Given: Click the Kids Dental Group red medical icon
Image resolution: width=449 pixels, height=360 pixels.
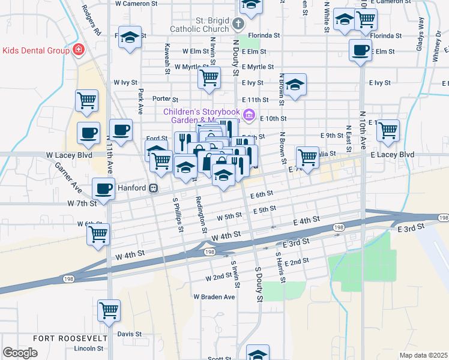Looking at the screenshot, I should click(77, 50).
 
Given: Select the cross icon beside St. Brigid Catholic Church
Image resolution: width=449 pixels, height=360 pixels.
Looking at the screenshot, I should click(238, 24).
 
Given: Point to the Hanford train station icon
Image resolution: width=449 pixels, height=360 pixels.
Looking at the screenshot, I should click(154, 188).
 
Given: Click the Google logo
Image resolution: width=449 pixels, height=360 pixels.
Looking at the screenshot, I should click(20, 353).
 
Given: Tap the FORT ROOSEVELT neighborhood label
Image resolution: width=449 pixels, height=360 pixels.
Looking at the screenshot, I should click(70, 338).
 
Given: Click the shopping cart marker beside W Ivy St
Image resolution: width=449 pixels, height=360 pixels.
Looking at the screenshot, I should click(209, 77).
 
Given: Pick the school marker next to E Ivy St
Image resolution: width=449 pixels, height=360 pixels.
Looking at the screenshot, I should click(295, 85).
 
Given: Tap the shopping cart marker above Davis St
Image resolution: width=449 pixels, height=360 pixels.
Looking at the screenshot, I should click(109, 310).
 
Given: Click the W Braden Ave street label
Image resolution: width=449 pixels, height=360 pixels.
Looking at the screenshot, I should click(214, 297).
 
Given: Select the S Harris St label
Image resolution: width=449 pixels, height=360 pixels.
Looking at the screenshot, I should click(278, 262).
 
